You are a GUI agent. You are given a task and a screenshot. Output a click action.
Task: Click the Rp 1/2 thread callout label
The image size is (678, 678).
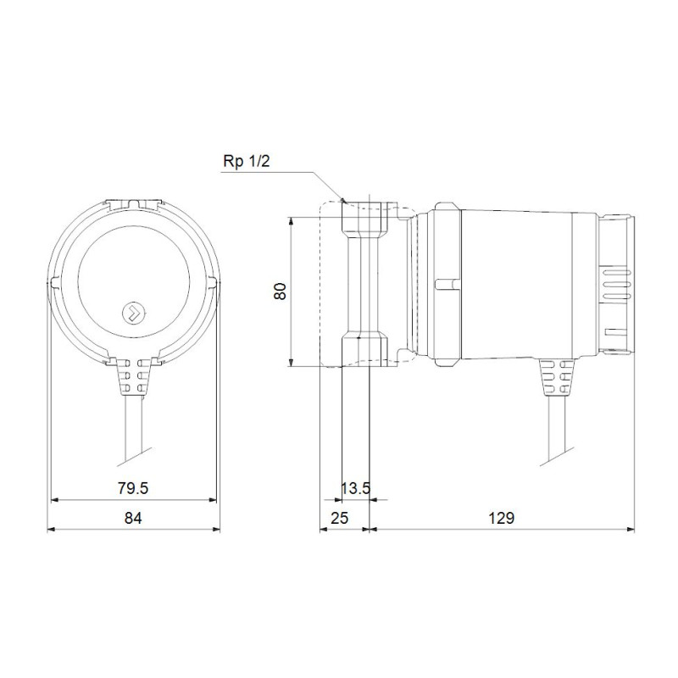click(246, 161)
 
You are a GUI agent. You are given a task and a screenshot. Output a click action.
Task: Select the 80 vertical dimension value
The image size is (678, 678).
click(281, 292)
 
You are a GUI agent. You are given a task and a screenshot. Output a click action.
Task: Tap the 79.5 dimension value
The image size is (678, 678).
click(133, 488)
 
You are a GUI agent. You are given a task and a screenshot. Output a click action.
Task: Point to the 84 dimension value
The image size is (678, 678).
click(133, 518)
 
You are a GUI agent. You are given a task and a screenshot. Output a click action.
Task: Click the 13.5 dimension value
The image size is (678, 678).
click(355, 489)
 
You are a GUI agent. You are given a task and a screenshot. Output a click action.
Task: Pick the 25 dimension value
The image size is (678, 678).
click(339, 518)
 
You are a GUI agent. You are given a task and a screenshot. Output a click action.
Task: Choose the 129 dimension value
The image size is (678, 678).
click(502, 518)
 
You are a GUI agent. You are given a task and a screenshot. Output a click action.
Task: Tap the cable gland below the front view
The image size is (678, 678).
click(134, 376)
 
